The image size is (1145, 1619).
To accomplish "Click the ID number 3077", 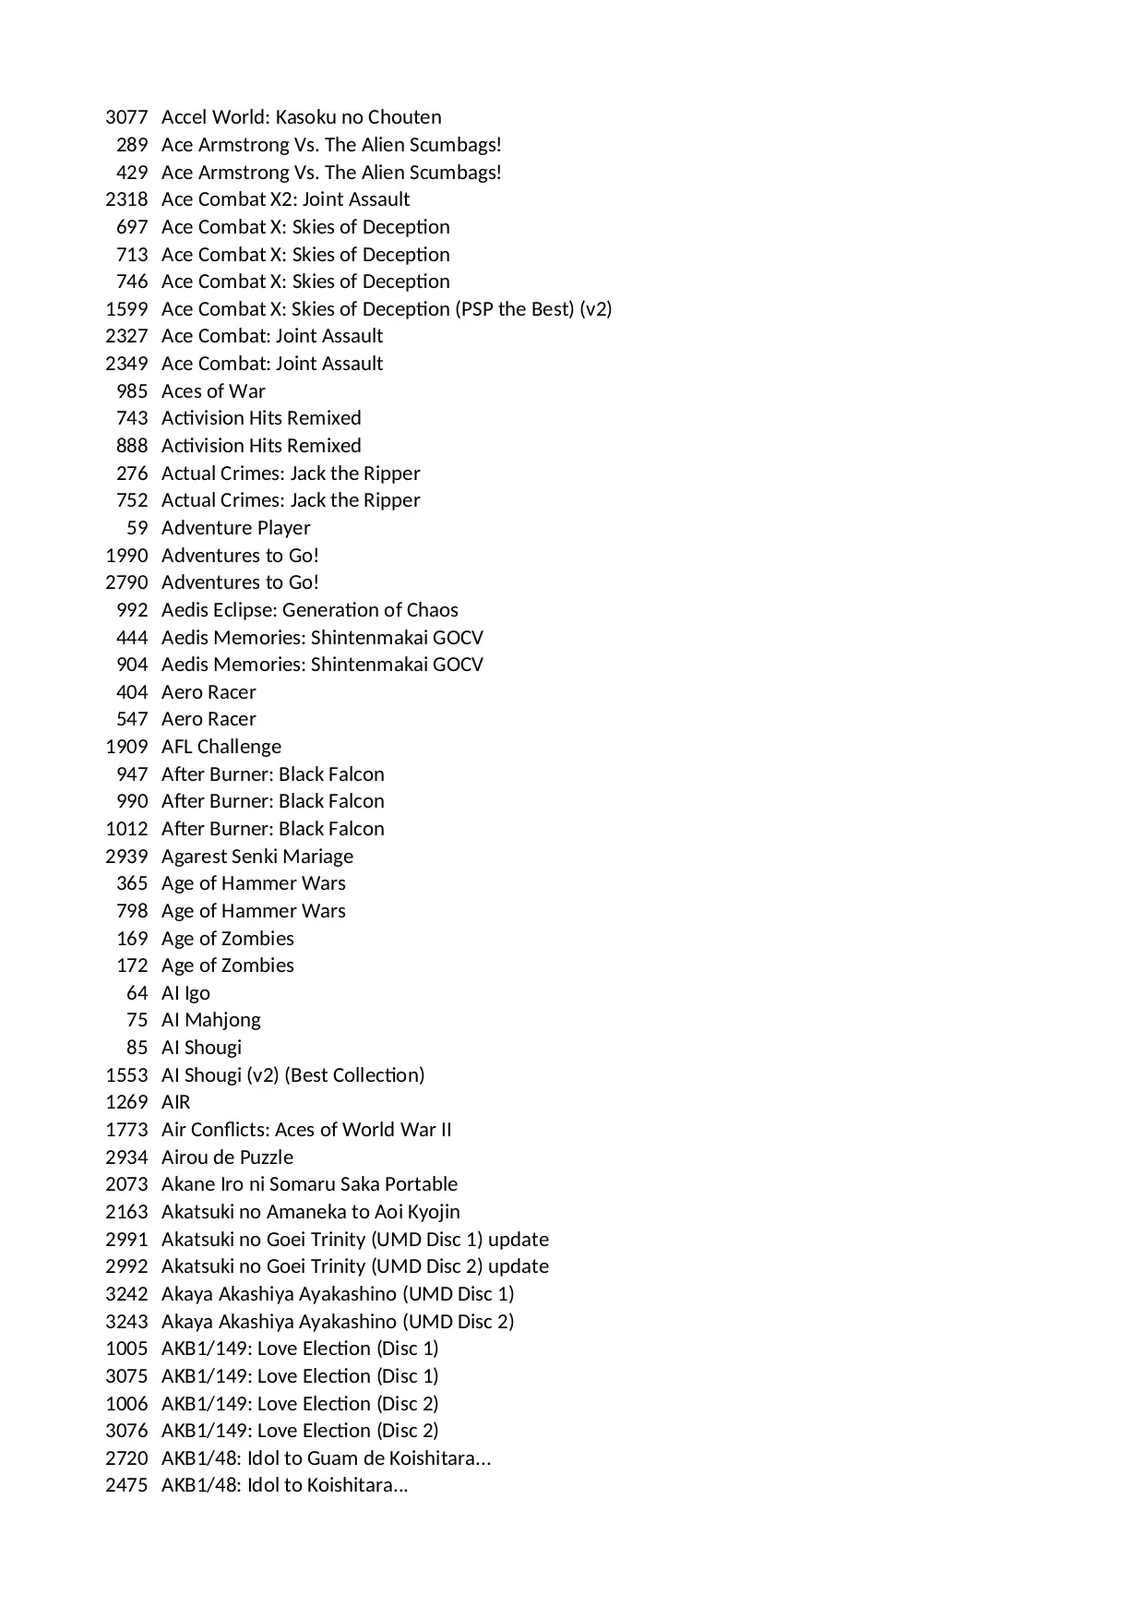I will point(126,117).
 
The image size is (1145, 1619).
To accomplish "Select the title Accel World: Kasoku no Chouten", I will point(301,117).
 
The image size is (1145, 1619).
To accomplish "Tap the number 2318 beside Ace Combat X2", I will point(126,199).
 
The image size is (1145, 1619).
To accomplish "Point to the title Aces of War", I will point(213,391).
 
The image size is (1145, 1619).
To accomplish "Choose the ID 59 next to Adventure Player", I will point(137,528).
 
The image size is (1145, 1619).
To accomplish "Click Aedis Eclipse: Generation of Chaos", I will point(309,610).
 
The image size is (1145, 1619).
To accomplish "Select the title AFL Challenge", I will point(221,747).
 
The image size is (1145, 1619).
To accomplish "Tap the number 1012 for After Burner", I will point(126,829).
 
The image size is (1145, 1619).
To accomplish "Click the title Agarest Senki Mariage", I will point(256,857).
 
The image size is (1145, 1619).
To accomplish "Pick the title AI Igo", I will point(185,993).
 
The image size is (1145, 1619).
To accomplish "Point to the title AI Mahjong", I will point(210,1020).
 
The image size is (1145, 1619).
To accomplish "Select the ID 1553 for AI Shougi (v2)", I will point(126,1075).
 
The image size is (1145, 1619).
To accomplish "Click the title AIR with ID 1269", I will point(175,1102).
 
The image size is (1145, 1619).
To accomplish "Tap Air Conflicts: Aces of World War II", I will point(306,1130).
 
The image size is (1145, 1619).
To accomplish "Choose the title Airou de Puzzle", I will point(227,1157).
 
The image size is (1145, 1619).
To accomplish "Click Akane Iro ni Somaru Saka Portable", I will point(309,1184).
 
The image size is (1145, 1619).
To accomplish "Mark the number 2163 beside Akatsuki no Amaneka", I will point(126,1212).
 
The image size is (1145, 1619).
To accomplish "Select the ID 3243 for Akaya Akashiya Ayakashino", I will point(126,1322).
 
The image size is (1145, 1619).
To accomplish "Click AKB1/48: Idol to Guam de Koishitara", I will point(326,1458).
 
